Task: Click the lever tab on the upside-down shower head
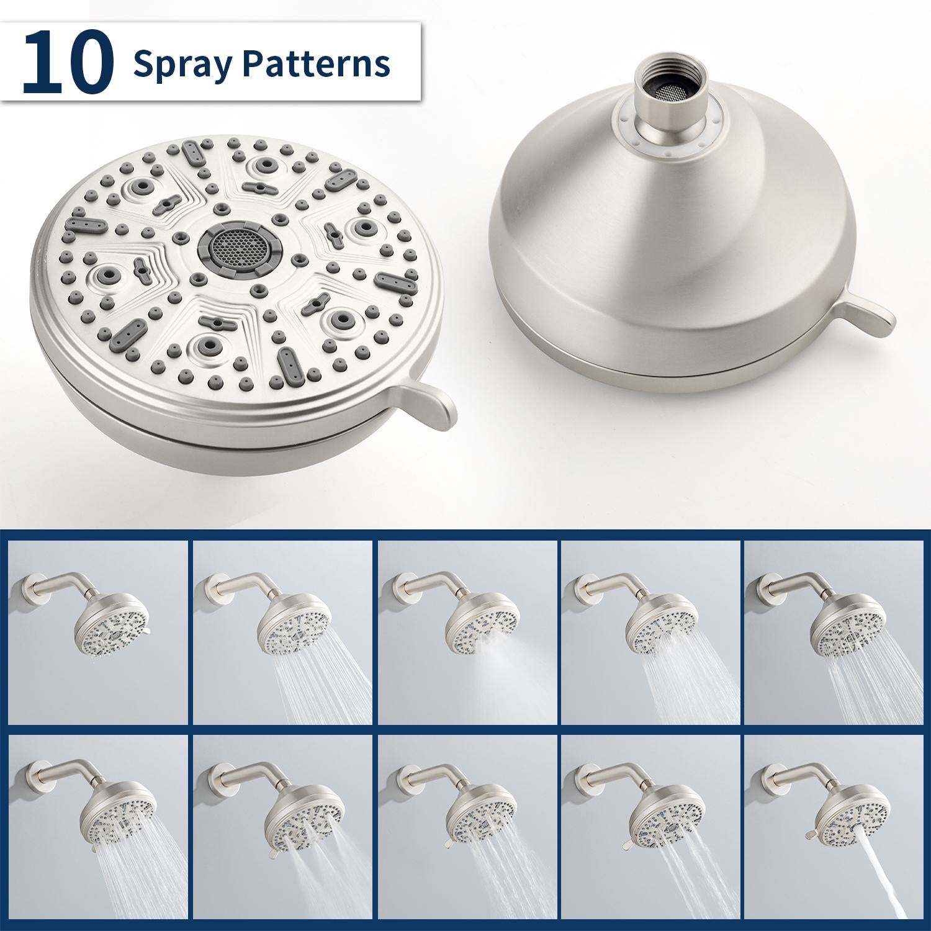(869, 315)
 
